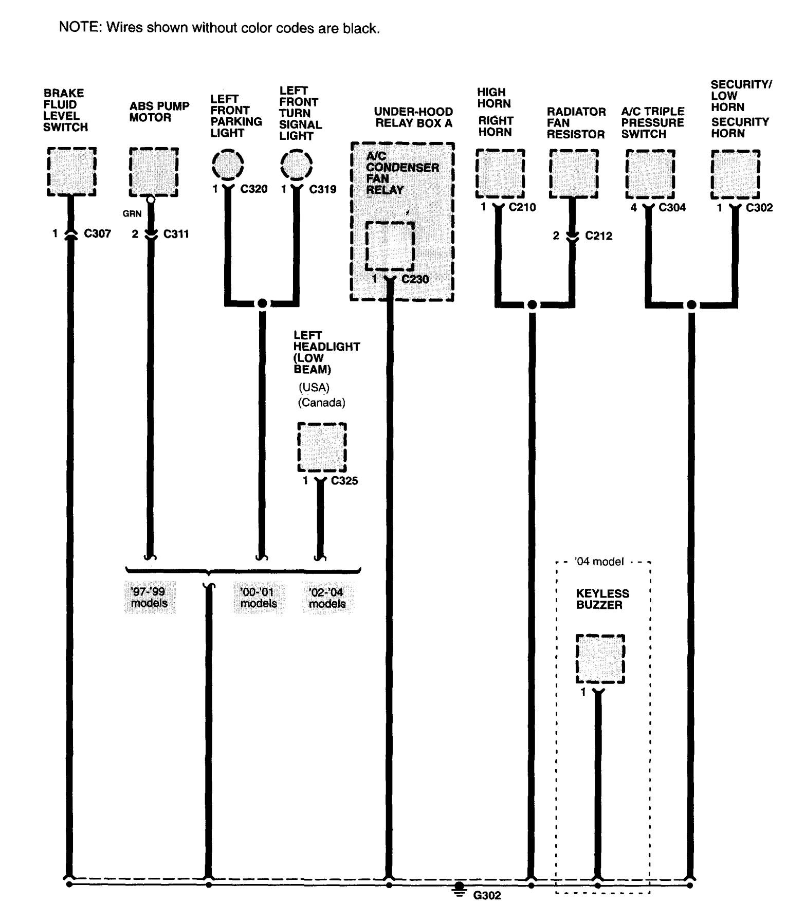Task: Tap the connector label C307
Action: tap(98, 234)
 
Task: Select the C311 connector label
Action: tap(176, 234)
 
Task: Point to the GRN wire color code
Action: tap(132, 213)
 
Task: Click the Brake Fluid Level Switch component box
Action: tap(71, 171)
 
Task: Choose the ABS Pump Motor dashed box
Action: tap(154, 172)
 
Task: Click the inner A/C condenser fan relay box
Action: tap(390, 246)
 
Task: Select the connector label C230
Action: tap(415, 279)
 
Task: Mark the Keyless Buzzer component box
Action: tap(600, 659)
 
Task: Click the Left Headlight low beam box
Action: tap(322, 447)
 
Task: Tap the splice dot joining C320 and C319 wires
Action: tap(262, 303)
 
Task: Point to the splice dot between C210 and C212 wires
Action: tap(532, 305)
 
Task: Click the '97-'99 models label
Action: tap(150, 598)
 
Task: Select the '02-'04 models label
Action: tap(327, 598)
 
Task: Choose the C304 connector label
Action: tap(672, 207)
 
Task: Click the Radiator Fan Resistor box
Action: tap(574, 173)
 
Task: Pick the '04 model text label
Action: tap(599, 562)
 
